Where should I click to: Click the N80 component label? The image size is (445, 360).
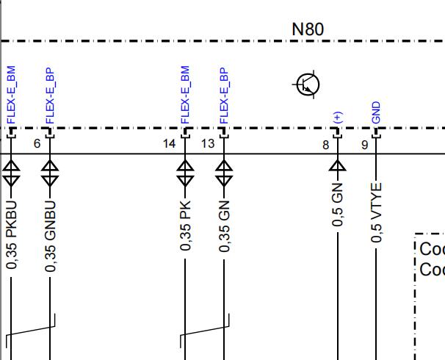click(x=308, y=29)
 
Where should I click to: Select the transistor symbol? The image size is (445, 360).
click(x=307, y=84)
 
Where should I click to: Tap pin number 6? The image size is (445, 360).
click(x=37, y=144)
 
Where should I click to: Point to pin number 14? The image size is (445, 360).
click(x=170, y=144)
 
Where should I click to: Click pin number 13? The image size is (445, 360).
click(x=208, y=144)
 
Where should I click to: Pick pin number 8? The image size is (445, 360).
click(x=326, y=145)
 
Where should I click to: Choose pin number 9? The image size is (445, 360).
click(x=365, y=145)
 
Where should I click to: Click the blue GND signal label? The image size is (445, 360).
click(x=376, y=112)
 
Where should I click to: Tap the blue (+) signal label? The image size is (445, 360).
click(x=338, y=118)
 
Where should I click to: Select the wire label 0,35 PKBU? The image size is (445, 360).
click(x=11, y=235)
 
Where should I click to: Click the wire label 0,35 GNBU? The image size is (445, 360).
click(x=50, y=236)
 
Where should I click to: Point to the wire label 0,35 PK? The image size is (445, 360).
click(x=185, y=226)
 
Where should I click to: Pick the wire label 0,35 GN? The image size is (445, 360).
click(x=224, y=226)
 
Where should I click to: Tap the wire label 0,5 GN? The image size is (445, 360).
click(x=338, y=205)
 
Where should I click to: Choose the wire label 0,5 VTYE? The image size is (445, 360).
click(x=376, y=212)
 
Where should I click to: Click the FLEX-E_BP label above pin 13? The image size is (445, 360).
click(x=224, y=96)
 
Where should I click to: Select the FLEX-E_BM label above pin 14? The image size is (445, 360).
click(x=185, y=95)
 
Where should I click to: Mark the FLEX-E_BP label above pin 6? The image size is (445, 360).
click(x=50, y=96)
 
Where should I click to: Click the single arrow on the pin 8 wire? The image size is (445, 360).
click(x=338, y=165)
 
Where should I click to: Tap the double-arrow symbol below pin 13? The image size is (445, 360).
click(x=224, y=173)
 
